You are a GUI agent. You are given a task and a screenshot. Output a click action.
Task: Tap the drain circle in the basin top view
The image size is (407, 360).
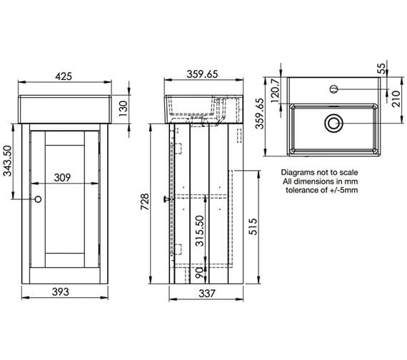pos(332,123)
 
